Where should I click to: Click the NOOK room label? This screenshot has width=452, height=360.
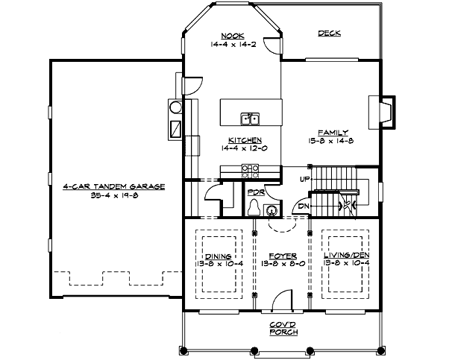232,35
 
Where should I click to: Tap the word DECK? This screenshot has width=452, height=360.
328,34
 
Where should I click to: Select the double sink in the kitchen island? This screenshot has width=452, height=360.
250,119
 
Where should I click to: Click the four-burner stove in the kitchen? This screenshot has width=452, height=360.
250,171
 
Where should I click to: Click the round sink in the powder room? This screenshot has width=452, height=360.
271,209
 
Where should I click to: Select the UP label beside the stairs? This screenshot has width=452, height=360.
304,180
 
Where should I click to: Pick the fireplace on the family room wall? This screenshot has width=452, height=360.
381,108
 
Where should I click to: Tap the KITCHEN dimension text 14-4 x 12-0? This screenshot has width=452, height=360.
240,148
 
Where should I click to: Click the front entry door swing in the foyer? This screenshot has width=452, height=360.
279,300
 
